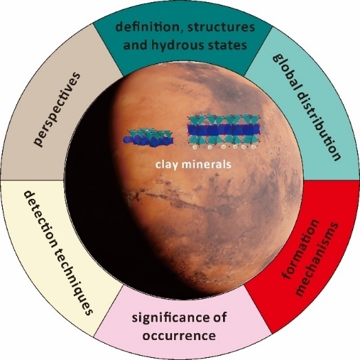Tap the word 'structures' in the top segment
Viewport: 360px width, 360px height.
(221, 27)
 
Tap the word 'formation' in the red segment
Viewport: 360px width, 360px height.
(301, 250)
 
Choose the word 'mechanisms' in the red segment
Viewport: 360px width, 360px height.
(316, 259)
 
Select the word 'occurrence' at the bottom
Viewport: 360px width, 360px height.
(179, 336)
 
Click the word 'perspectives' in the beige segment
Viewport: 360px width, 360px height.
(56, 109)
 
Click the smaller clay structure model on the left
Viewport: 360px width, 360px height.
(148, 138)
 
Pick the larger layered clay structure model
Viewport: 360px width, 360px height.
(224, 132)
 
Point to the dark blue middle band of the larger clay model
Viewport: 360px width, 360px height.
(224, 130)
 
